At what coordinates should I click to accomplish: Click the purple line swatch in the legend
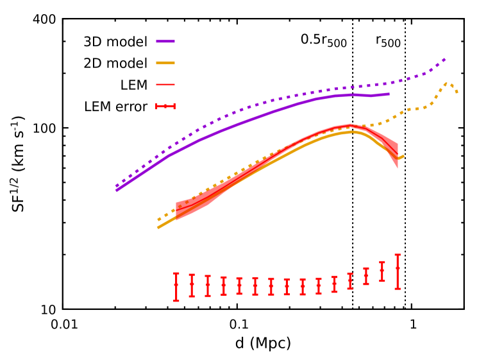(165, 41)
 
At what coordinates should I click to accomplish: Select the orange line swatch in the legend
(165, 63)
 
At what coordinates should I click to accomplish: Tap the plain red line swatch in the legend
(165, 85)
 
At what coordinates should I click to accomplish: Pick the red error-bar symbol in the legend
(165, 107)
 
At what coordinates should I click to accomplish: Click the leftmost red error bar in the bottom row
(176, 287)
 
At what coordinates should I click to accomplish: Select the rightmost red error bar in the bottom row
(398, 271)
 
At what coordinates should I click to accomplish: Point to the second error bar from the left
(192, 286)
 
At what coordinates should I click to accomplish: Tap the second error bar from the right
(382, 271)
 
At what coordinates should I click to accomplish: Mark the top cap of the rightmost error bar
(398, 255)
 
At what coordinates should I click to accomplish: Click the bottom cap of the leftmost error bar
(176, 300)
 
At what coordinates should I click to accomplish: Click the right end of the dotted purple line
(445, 59)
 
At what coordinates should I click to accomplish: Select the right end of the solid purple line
(389, 94)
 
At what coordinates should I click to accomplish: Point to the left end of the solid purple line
(117, 190)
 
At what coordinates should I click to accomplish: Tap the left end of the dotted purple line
(117, 186)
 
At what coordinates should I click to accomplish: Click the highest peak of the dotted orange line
(448, 82)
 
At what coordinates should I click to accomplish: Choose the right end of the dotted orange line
(457, 93)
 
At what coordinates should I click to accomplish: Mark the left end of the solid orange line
(158, 227)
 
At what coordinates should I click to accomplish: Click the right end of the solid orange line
(403, 156)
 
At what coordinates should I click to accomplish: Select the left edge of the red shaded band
(176, 210)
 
